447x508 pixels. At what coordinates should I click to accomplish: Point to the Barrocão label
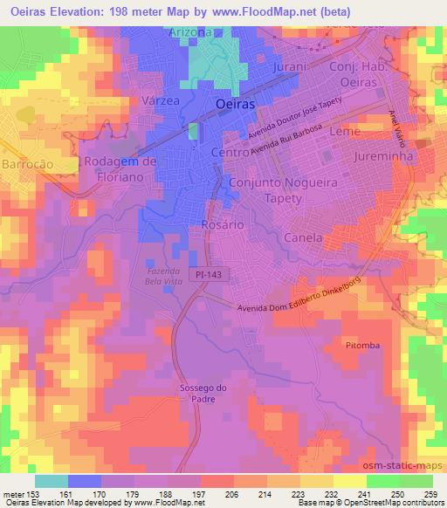29,163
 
